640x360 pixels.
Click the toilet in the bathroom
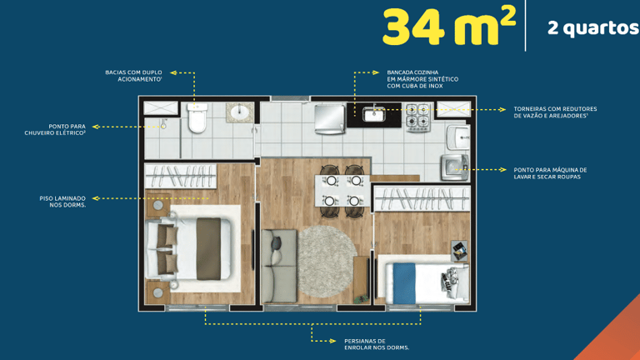pos(197,118)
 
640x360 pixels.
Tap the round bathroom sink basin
pos(239,112)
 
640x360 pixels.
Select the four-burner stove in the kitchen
pos(418,117)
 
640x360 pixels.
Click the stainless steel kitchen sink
pos(374,115)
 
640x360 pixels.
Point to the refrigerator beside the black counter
pos(330,119)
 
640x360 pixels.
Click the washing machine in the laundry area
pos(455,167)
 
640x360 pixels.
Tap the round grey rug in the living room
pos(327,262)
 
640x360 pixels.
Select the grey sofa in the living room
pos(280,266)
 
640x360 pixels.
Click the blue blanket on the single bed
pos(404,283)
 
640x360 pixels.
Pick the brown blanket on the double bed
pos(208,248)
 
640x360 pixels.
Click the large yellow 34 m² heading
pos(449,27)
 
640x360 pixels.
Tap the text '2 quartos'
pos(593,28)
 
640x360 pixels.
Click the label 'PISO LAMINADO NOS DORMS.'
pos(62,202)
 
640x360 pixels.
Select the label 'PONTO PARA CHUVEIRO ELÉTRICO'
pos(55,130)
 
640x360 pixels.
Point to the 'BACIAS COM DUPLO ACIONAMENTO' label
pos(133,76)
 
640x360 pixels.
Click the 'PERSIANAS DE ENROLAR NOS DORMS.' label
pos(377,344)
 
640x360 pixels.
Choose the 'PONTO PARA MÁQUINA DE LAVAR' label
pos(550,173)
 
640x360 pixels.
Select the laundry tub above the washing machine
pos(458,137)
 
